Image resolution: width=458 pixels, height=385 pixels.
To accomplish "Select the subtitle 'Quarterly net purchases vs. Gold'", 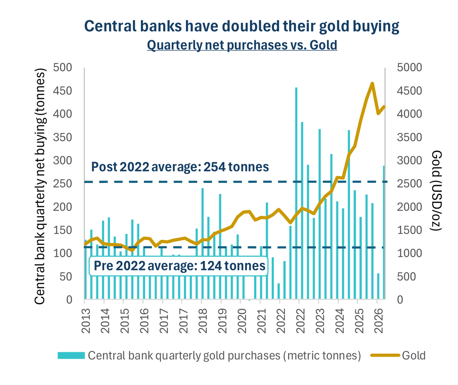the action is (x=242, y=45).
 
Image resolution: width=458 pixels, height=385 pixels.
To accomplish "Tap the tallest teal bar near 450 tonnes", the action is (x=296, y=193).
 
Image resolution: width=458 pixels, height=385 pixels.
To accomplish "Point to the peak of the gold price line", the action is (x=372, y=83).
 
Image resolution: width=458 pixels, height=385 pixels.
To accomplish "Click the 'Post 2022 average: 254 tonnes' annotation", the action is (x=180, y=167).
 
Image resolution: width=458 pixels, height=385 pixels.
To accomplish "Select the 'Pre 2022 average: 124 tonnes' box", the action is (x=179, y=266).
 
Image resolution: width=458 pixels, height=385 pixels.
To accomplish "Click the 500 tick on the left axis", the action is (x=63, y=67).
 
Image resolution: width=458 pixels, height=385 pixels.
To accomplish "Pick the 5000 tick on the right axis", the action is (x=409, y=67).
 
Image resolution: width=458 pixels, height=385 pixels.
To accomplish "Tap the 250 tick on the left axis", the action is (x=63, y=184).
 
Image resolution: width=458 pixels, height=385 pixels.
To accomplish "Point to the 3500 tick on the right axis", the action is (x=409, y=137).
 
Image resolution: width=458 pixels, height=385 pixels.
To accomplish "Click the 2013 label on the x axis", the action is (x=86, y=321).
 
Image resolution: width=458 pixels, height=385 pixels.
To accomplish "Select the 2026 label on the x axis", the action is (x=378, y=321).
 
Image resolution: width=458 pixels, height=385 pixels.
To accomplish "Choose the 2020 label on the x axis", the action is (x=242, y=321).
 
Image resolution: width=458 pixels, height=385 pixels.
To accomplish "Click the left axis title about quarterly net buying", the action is (x=40, y=186).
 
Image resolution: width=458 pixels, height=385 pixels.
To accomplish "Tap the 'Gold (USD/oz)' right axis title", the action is (x=436, y=191).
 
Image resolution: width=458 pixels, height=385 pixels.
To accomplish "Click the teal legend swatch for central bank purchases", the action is (x=71, y=355).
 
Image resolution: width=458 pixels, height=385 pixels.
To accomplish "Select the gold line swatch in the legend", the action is (x=385, y=355).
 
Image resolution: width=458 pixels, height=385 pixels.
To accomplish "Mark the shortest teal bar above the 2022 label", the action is (x=279, y=291).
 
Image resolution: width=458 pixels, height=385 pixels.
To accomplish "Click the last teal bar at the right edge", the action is (x=384, y=232).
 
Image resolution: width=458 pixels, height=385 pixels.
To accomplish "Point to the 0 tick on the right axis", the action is (x=400, y=300).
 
